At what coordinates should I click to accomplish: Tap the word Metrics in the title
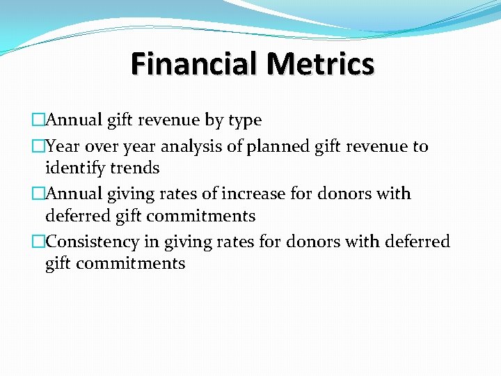(320, 64)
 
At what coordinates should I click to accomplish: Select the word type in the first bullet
(244, 120)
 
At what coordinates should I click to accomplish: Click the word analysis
(191, 147)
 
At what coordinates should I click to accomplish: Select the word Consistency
(95, 242)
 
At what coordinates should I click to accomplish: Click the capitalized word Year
(61, 147)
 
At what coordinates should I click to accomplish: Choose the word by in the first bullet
(214, 120)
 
